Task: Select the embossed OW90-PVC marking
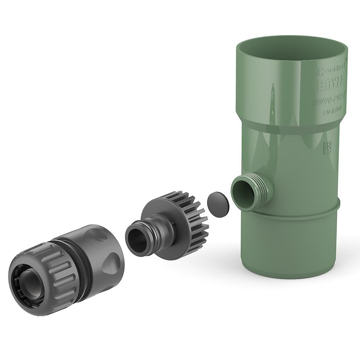point(330,100)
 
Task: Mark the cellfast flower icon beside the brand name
point(320,72)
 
